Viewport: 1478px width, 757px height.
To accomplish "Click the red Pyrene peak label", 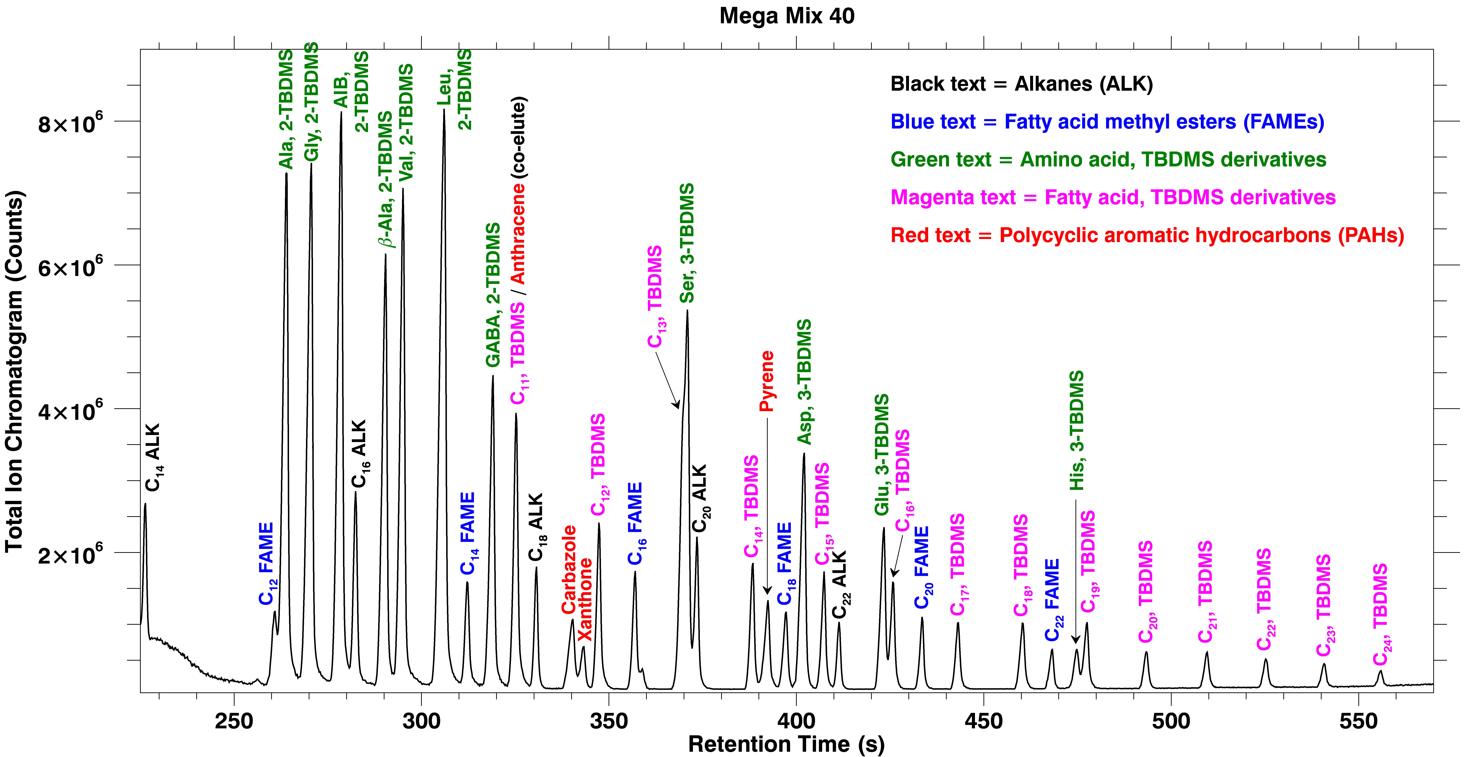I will [x=767, y=382].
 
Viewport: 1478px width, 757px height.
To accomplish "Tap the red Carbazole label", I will [x=569, y=569].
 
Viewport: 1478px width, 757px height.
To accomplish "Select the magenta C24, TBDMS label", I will [x=1380, y=614].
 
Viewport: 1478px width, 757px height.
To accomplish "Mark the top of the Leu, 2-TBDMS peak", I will [x=443, y=110].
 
